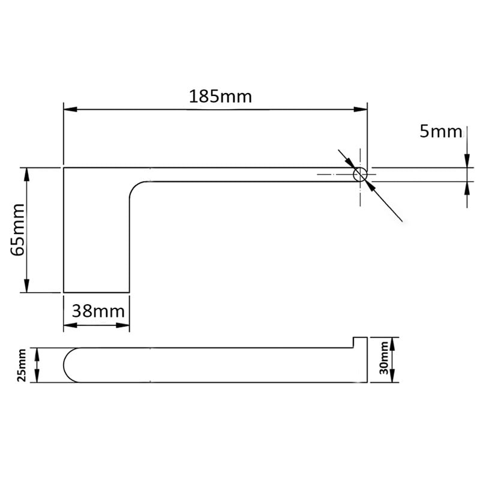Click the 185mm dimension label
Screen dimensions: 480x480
(220, 97)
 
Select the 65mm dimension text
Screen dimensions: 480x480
(17, 230)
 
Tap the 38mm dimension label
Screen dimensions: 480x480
(98, 311)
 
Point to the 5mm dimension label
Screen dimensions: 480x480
(441, 131)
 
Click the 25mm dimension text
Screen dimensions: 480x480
(22, 365)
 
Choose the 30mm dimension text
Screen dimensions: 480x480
(383, 358)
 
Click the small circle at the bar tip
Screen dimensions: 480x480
(360, 175)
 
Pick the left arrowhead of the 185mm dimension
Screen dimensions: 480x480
(70, 109)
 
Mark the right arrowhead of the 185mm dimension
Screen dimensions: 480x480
(361, 109)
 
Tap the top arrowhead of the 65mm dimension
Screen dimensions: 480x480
(26, 175)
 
